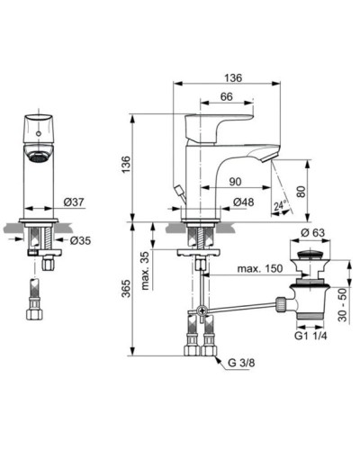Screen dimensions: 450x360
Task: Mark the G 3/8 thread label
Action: pos(241,363)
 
